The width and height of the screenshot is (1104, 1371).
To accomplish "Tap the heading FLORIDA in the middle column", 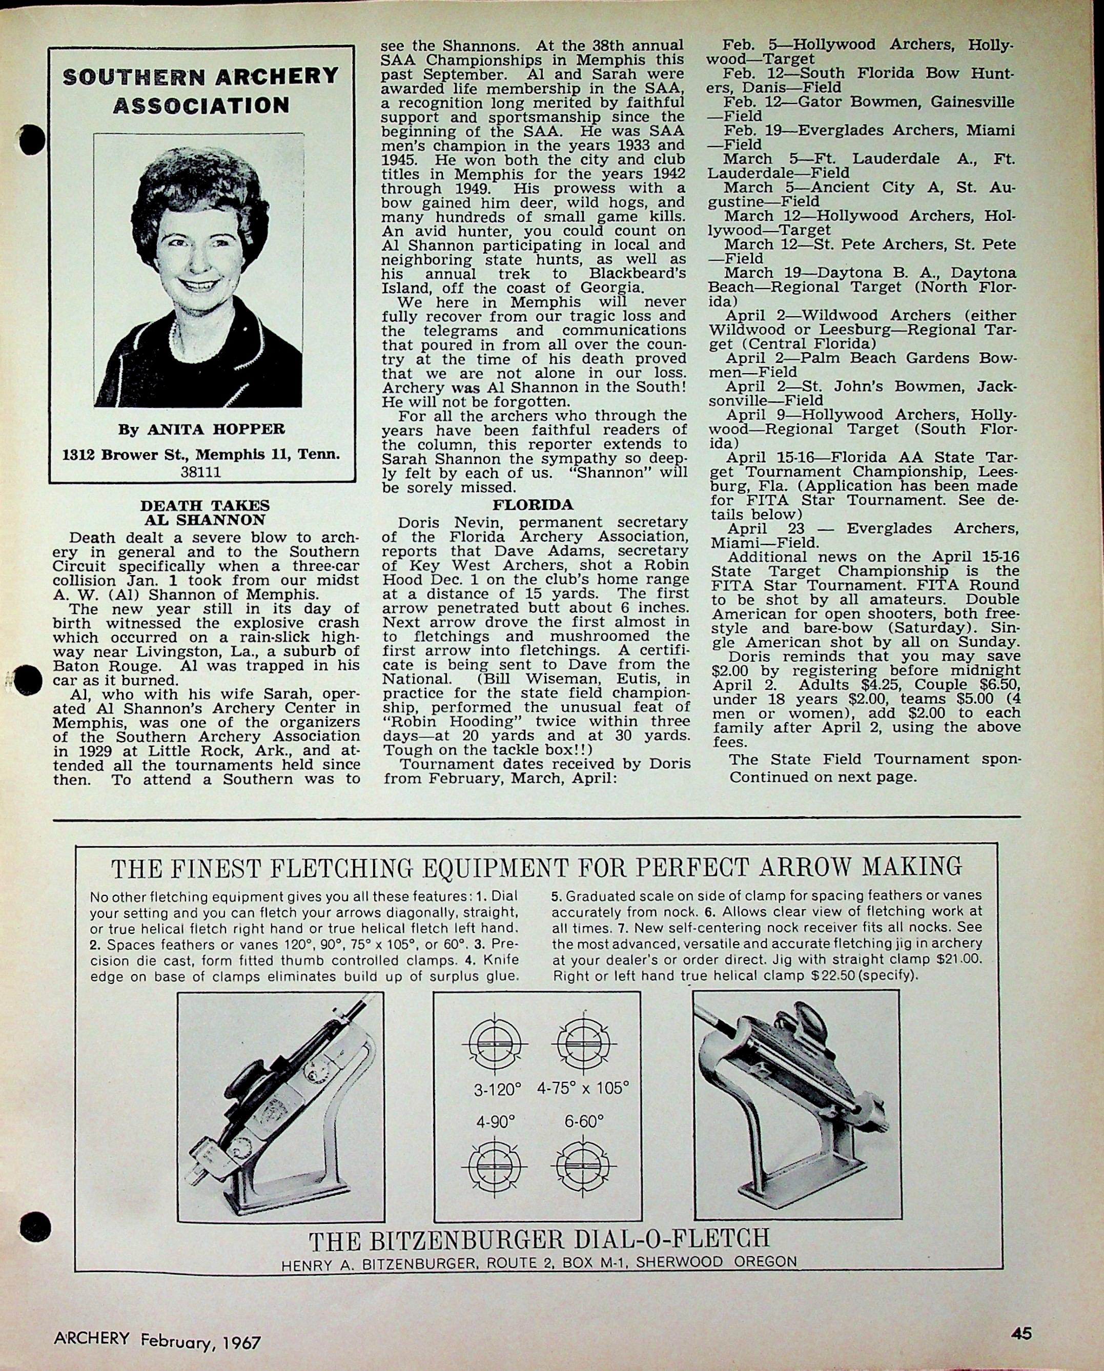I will [x=533, y=505].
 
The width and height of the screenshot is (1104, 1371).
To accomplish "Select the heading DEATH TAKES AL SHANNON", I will [x=205, y=513].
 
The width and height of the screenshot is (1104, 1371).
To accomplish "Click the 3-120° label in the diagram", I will [x=497, y=1089].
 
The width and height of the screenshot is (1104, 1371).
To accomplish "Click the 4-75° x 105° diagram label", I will [x=583, y=1088].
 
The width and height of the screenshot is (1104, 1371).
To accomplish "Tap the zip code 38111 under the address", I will [x=201, y=472].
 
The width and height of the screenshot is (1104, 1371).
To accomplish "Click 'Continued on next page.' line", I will [x=823, y=776].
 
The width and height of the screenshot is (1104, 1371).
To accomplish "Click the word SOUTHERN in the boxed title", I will [x=131, y=77].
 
